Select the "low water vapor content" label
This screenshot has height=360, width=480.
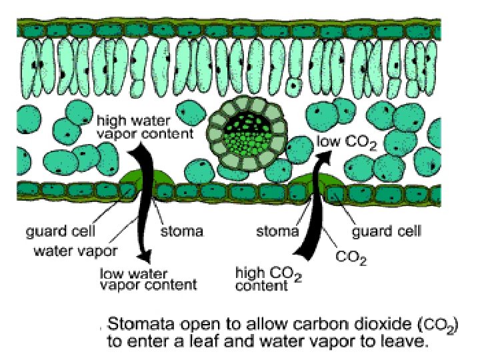point(148,279)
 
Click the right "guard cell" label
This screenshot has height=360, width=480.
point(387,232)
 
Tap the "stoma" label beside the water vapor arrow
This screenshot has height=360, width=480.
point(182,232)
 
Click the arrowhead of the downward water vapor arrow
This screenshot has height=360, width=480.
point(142,257)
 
